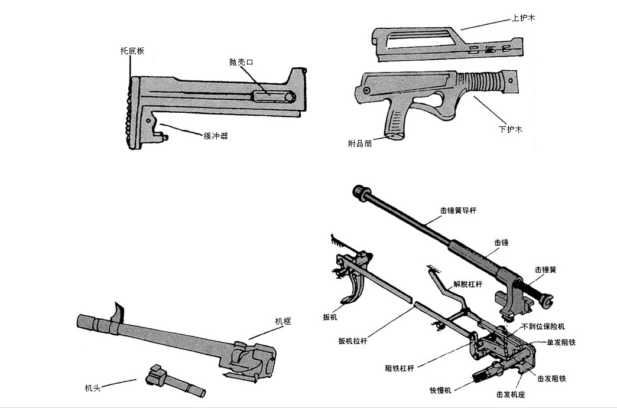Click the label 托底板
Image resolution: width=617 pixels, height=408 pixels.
point(132,51)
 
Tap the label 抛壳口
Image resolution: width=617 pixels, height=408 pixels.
point(241,62)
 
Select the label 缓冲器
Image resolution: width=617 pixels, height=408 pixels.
point(216,136)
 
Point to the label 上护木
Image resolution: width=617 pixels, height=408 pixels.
point(524,18)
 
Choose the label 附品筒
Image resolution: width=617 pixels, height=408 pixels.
point(360,143)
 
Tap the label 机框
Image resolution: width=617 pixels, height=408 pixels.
point(283,321)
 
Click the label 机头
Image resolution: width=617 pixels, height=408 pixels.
point(93,388)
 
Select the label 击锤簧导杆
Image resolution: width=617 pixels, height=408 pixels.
point(459,210)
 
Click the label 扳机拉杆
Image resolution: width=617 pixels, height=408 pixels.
point(353,341)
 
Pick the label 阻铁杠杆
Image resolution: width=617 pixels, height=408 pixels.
point(400,368)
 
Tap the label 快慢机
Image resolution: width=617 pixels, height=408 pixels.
point(441,390)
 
